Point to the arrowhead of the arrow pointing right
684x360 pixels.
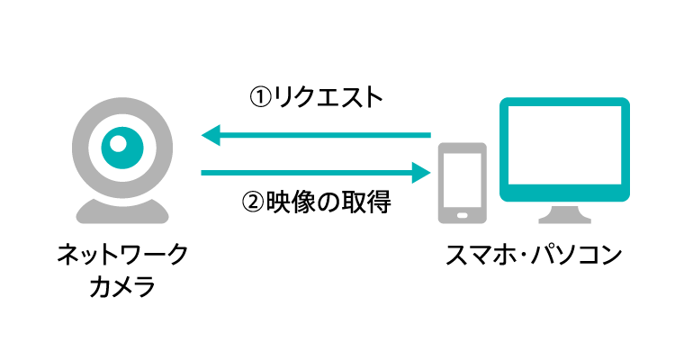point(419,171)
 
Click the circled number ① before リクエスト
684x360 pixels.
point(259,96)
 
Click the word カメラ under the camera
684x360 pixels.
point(122,288)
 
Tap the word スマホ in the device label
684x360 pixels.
point(483,256)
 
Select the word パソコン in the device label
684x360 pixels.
point(574,256)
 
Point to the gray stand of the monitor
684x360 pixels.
point(565,214)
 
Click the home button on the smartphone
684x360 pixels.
point(462,214)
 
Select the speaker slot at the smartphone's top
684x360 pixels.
point(462,149)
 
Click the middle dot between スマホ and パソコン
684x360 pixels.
point(525,256)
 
